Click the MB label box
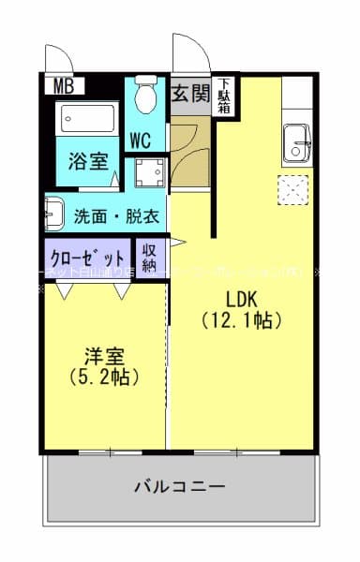pyautogui.click(x=63, y=86)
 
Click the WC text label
pyautogui.click(x=142, y=140)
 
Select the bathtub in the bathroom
pyautogui.click(x=87, y=120)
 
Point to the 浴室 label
pyautogui.click(x=88, y=159)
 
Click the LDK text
pyautogui.click(x=242, y=301)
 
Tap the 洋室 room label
pyautogui.click(x=103, y=357)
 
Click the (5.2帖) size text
pyautogui.click(x=103, y=377)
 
